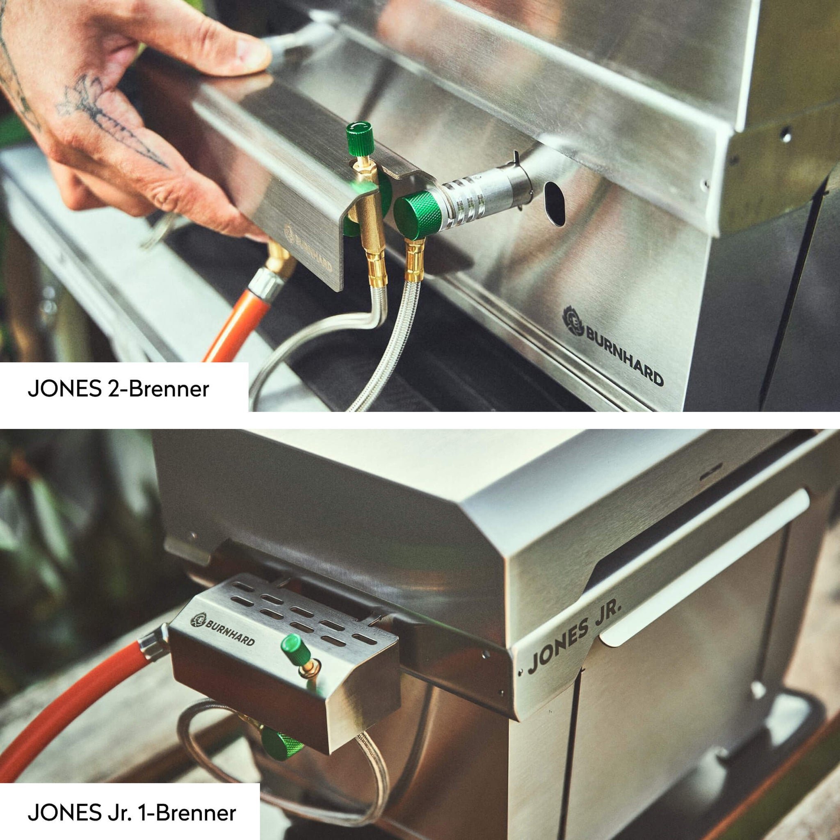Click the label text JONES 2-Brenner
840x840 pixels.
click(118, 388)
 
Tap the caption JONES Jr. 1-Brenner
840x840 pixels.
click(132, 801)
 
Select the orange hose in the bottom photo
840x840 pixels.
click(70, 713)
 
